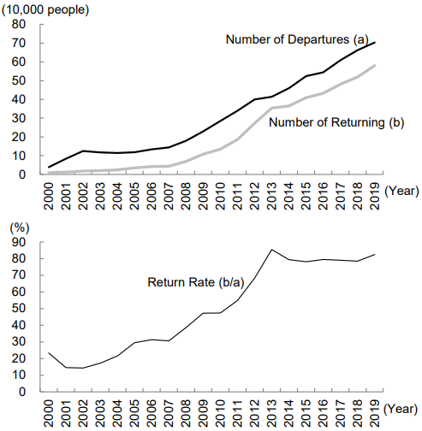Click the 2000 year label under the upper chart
[50, 191]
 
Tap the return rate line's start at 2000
[50, 352]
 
